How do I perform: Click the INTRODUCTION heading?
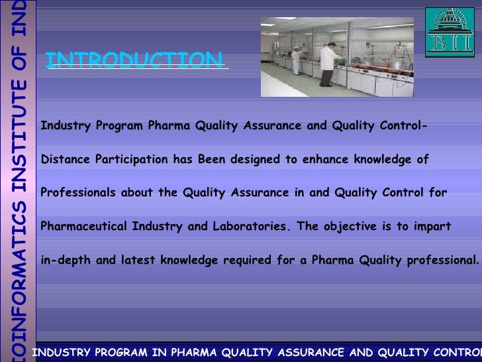coord(135,61)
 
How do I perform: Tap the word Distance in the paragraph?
coord(65,159)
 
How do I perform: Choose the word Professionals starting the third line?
coord(77,193)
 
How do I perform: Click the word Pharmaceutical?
coord(85,226)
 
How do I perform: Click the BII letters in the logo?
coord(450,42)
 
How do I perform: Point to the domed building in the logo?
coord(450,21)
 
